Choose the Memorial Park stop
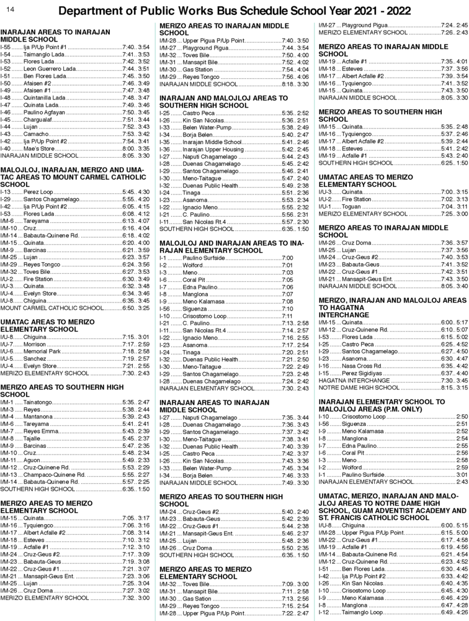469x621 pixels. coord(42,351)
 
